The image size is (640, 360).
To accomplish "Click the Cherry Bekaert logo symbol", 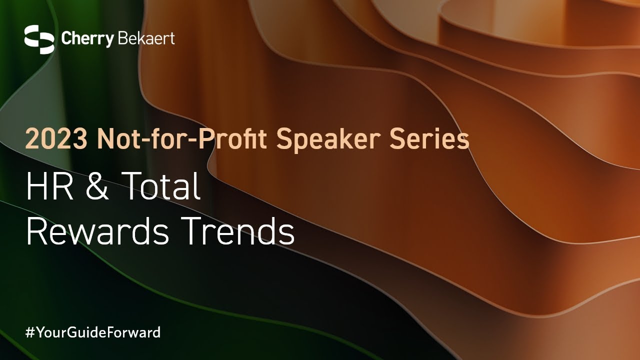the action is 39,39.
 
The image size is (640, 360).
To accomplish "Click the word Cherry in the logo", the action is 87,39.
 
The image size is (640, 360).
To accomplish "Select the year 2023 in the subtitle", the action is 56,139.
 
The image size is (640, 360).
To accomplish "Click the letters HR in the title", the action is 49,186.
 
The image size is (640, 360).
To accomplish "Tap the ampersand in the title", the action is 97,186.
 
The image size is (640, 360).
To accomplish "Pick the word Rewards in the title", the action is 97,230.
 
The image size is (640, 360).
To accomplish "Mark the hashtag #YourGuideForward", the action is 93,332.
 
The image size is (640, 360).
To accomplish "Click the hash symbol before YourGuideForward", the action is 30,332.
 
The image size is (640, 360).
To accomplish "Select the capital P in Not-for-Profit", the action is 205,139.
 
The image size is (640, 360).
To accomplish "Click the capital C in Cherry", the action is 66,38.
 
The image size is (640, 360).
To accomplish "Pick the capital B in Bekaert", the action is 122,38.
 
